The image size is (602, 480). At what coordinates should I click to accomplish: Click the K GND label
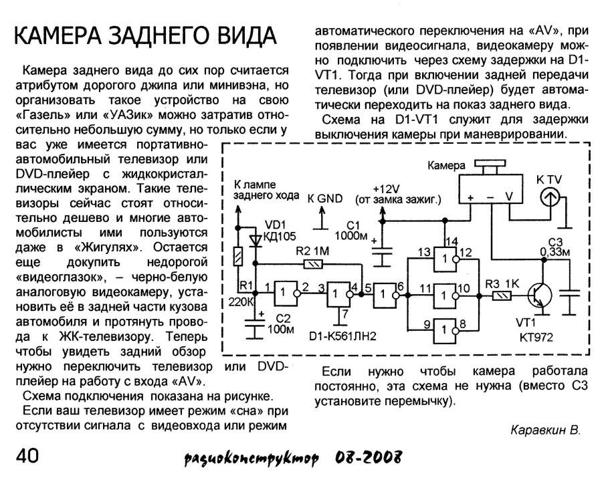point(324,199)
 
